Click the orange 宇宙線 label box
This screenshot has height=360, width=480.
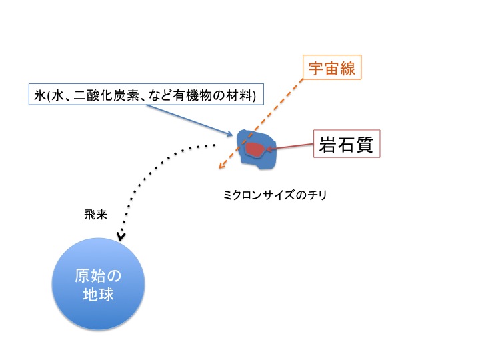(x=332, y=67)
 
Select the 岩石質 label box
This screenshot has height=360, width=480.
(x=347, y=144)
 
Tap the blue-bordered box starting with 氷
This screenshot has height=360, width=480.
(x=146, y=94)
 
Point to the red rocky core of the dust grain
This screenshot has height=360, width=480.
(x=255, y=149)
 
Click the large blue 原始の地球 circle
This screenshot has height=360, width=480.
(x=98, y=284)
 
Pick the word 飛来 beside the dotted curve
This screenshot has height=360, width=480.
(x=95, y=215)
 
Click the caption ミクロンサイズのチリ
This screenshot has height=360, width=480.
(x=275, y=195)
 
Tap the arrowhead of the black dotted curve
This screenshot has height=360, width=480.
(x=121, y=237)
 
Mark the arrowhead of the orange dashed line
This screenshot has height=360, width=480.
(x=221, y=165)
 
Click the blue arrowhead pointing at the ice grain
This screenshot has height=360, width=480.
(x=230, y=134)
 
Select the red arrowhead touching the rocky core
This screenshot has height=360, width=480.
(x=269, y=149)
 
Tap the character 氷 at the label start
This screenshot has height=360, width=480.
(x=40, y=95)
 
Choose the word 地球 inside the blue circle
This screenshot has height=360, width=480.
(x=98, y=294)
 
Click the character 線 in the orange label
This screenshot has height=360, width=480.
(x=347, y=68)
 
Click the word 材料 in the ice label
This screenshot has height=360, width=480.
(x=239, y=95)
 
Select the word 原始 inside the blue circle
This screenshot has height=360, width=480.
(x=90, y=275)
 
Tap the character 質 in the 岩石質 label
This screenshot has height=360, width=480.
(x=364, y=145)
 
